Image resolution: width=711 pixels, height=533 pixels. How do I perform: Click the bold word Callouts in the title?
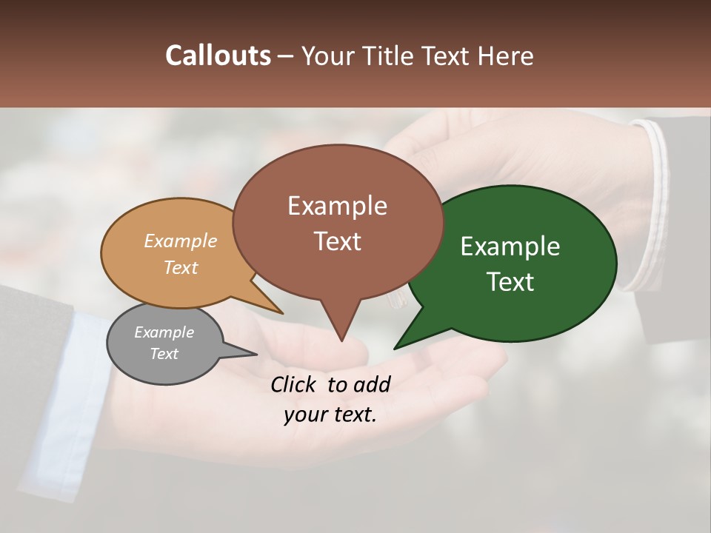click(x=218, y=56)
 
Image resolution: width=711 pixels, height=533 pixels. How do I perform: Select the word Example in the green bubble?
click(x=510, y=247)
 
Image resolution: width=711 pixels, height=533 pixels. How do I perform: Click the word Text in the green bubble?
click(x=510, y=282)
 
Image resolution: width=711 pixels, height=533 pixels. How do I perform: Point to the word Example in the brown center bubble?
click(x=337, y=206)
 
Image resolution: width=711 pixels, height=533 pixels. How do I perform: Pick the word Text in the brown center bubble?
click(x=337, y=241)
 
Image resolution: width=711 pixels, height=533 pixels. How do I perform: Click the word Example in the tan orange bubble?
click(x=181, y=241)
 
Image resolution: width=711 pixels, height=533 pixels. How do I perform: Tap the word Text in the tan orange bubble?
click(x=181, y=267)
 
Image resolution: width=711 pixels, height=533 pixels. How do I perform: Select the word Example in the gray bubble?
click(x=164, y=332)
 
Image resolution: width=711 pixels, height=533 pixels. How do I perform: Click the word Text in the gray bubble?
click(x=164, y=354)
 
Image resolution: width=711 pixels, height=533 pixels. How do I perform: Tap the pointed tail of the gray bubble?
click(x=248, y=353)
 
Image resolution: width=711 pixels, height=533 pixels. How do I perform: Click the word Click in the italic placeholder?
click(x=295, y=384)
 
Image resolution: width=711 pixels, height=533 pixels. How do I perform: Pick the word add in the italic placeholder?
click(x=373, y=384)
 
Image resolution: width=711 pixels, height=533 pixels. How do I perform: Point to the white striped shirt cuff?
click(x=652, y=207)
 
